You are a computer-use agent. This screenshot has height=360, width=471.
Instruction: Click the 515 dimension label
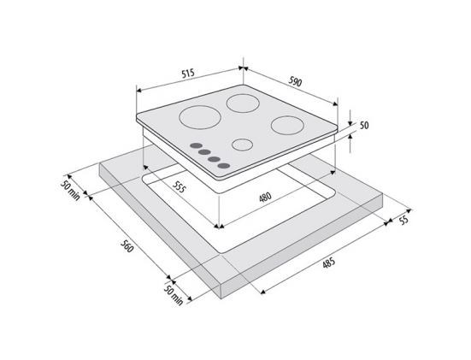188,74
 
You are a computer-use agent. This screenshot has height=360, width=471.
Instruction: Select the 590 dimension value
295,81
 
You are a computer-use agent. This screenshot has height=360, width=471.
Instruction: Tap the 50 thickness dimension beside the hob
364,125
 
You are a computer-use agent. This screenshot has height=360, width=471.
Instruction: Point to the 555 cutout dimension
180,186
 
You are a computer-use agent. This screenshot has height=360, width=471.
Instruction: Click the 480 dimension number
265,197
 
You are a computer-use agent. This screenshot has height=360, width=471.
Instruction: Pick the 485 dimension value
328,263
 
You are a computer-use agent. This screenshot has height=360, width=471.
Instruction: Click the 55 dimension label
404,220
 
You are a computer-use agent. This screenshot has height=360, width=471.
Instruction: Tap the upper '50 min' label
70,190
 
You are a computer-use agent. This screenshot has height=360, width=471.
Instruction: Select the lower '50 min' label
174,295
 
